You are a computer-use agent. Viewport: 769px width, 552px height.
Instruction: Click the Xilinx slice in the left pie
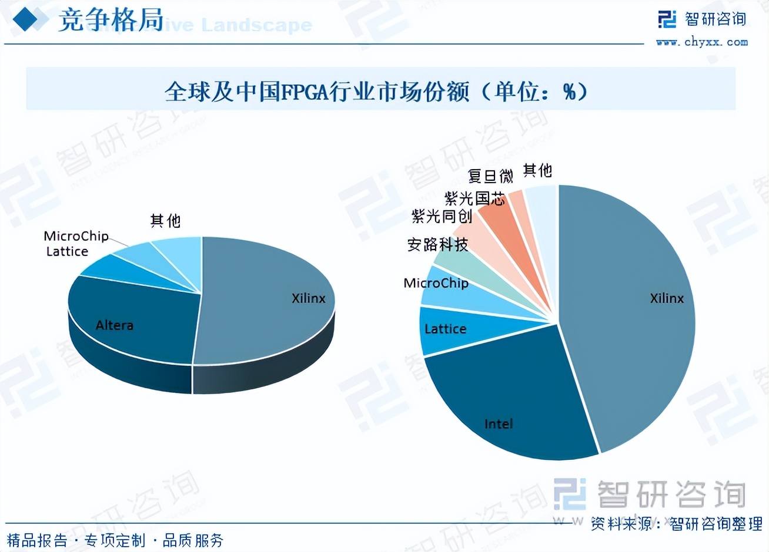point(270,294)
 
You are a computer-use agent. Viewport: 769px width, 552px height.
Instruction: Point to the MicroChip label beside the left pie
point(76,236)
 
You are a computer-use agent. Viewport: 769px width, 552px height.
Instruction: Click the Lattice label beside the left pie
point(67,251)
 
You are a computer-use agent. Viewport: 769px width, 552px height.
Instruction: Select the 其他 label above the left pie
point(165,221)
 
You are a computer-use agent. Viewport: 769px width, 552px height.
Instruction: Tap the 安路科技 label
point(437,244)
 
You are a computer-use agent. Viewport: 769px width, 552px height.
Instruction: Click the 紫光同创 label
point(442,216)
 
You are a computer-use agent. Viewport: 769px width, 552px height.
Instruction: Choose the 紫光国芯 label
point(474,198)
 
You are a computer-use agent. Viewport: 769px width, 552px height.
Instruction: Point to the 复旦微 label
point(490,176)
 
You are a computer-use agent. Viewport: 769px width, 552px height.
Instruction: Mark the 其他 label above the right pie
point(537,170)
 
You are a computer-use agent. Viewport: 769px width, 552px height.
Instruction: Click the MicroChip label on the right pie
point(436,283)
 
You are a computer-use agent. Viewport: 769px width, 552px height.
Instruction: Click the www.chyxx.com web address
point(701,42)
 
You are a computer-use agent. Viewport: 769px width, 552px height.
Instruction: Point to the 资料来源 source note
point(676,523)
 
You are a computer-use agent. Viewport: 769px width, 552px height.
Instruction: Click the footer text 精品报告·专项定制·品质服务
point(115,540)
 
